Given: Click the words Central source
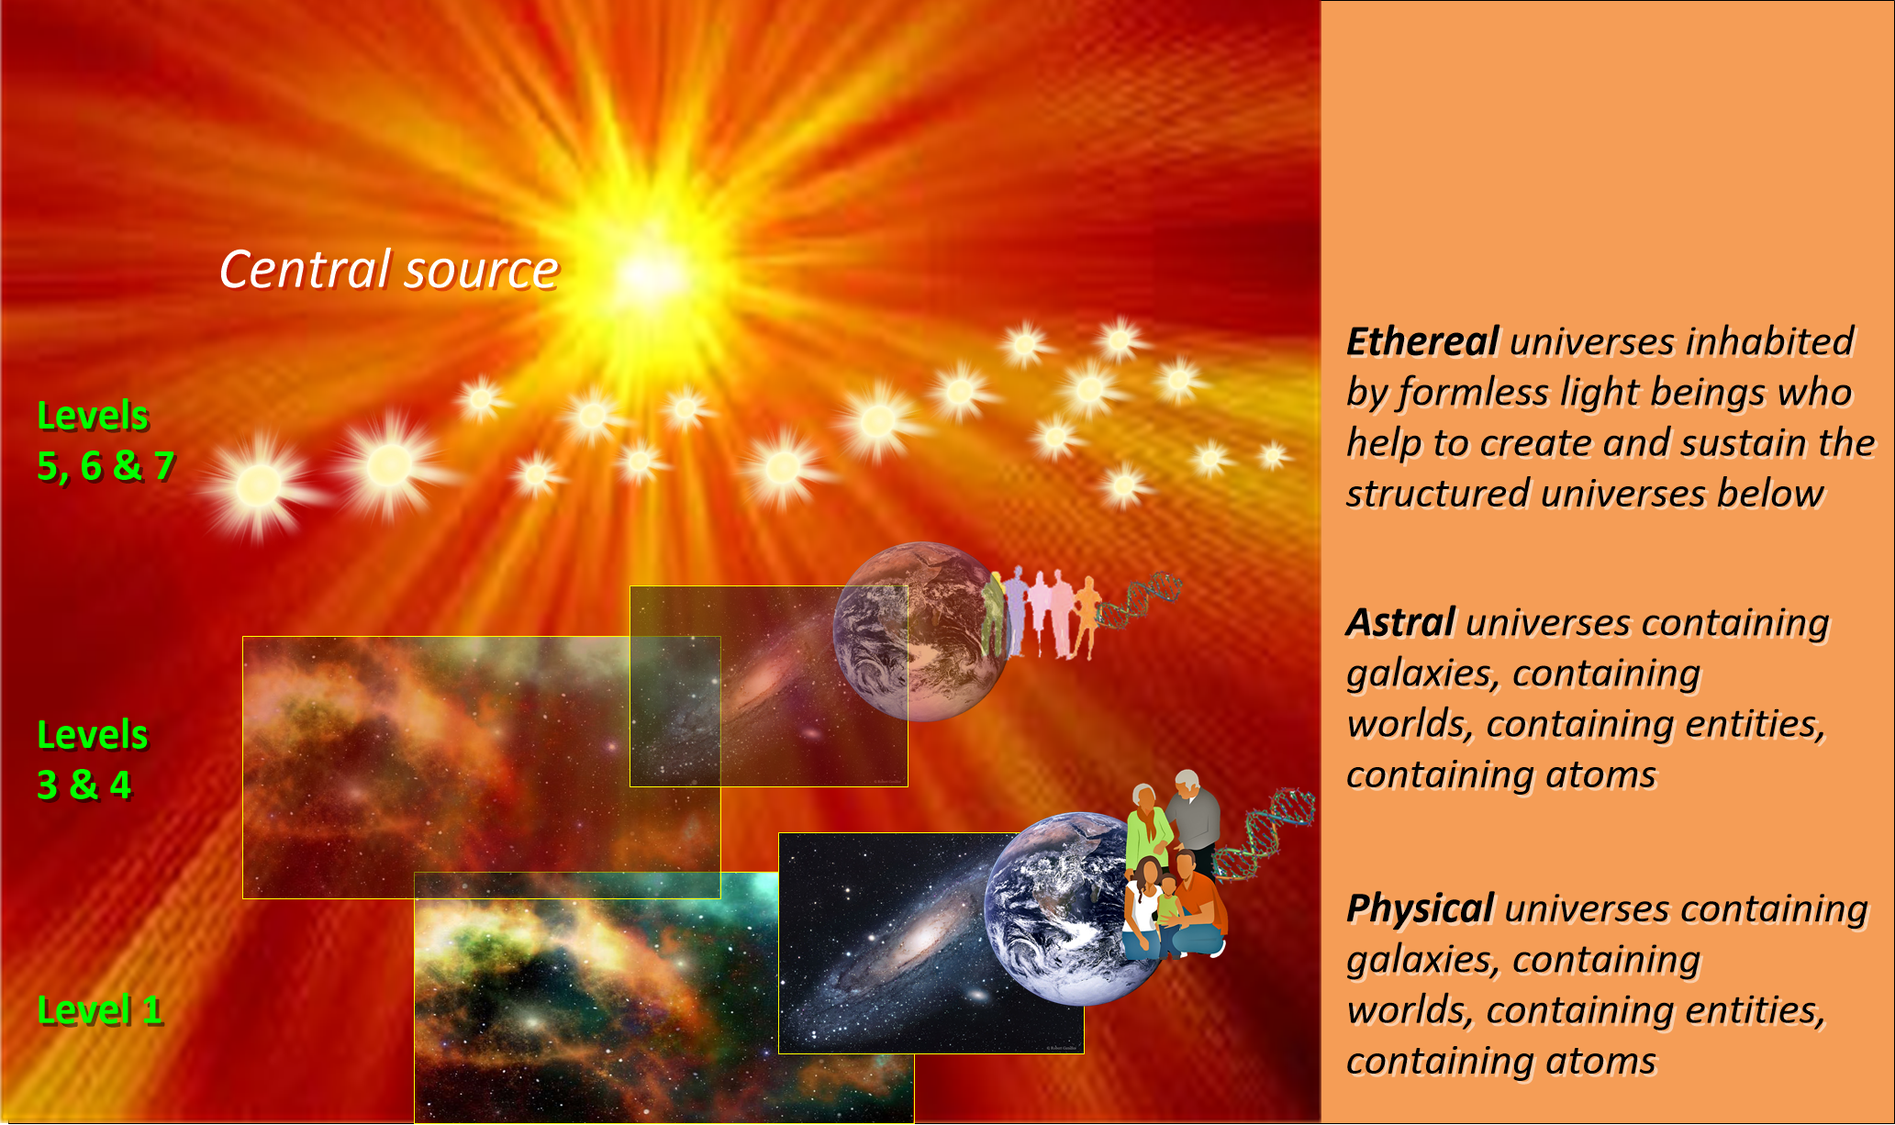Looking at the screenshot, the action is pos(389,270).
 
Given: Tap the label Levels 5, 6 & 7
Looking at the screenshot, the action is pos(106,441).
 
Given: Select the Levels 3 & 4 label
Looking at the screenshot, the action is pos(92,760).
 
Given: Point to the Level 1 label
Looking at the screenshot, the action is pos(100,1010).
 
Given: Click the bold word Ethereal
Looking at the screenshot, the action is pos(1423,341).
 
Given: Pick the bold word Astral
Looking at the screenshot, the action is pos(1401,622).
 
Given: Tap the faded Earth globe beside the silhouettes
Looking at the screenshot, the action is pos(920,631).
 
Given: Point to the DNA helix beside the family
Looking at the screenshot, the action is pos(1265,834).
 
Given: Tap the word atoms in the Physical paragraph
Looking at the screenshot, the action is pos(1600,1062).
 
